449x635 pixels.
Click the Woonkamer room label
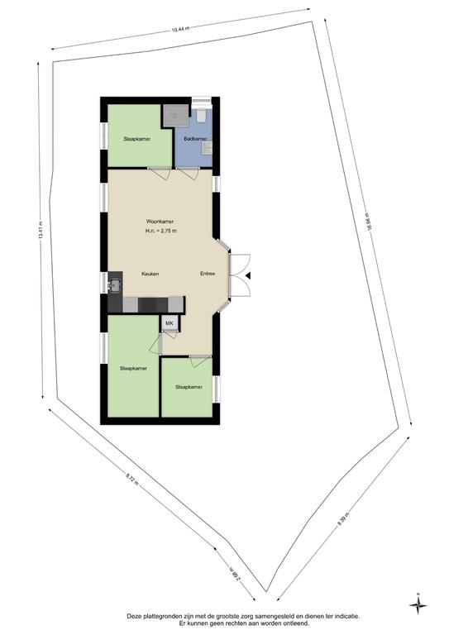[160, 222]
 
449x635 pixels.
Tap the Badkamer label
[195, 139]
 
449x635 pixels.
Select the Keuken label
[150, 274]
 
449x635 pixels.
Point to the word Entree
[208, 274]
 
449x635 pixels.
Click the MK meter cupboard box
[170, 323]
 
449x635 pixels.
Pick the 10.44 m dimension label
[180, 29]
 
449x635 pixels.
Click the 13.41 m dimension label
[41, 231]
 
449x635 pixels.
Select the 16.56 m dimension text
[369, 222]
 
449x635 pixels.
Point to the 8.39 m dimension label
[342, 518]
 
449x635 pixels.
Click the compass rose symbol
[418, 605]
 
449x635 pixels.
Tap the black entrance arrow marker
[248, 275]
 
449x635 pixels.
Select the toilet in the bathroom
[201, 116]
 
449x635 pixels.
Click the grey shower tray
[176, 116]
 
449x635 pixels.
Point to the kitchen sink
[116, 284]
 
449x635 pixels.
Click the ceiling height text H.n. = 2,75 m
[160, 231]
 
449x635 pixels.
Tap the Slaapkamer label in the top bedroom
[136, 139]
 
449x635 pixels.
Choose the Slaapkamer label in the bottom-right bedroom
[189, 387]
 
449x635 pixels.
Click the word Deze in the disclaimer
[134, 616]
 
